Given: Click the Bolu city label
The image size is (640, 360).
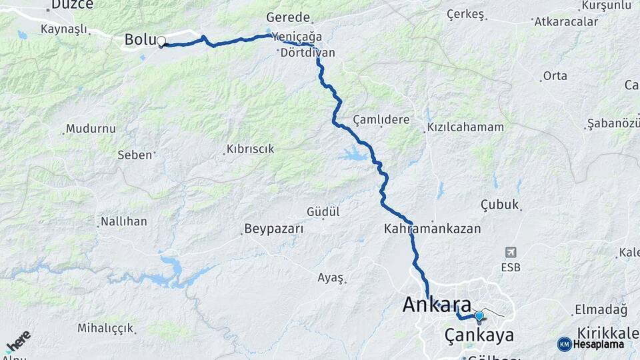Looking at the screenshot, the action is pyautogui.click(x=139, y=40).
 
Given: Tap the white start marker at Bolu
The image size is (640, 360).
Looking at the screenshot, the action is pyautogui.click(x=161, y=41).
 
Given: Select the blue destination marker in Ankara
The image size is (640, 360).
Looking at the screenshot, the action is pyautogui.click(x=479, y=315).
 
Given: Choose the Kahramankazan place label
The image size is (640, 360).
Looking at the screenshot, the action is pyautogui.click(x=432, y=228).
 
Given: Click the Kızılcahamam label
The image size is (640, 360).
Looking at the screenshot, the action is pyautogui.click(x=465, y=127).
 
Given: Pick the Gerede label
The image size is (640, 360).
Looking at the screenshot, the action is pyautogui.click(x=289, y=17).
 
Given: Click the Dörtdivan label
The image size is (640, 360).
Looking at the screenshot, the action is pyautogui.click(x=307, y=52).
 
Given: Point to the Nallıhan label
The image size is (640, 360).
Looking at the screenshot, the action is pyautogui.click(x=123, y=221).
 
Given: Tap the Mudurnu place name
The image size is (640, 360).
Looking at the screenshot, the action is pyautogui.click(x=91, y=129).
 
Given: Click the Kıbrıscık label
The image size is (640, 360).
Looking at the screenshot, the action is pyautogui.click(x=250, y=149).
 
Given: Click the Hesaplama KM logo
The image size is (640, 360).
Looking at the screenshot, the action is pyautogui.click(x=591, y=344).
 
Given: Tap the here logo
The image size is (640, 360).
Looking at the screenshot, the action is pyautogui.click(x=18, y=341).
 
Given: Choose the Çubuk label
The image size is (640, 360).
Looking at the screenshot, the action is pyautogui.click(x=499, y=205).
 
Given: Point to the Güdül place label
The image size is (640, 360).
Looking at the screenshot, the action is pyautogui.click(x=323, y=211).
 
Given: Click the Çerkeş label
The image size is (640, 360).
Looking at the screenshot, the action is pyautogui.click(x=464, y=13).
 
